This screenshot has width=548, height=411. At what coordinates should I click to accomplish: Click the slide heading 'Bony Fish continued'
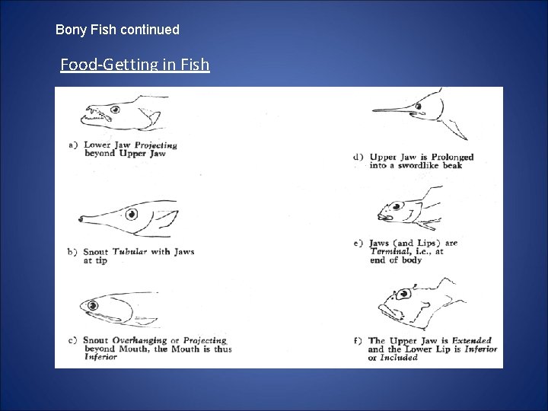117,30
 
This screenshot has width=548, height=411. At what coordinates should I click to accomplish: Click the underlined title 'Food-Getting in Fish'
135,64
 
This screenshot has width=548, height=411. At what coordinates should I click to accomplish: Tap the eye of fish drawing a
116,110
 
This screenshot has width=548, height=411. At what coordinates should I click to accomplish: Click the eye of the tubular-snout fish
132,214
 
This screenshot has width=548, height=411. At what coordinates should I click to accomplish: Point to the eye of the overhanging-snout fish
93,306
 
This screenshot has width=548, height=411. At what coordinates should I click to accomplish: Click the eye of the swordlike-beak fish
419,107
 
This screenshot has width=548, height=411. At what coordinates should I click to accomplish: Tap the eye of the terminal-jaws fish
397,206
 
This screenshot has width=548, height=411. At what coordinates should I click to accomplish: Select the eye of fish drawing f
404,294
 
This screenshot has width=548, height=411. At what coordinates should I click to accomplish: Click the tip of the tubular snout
80,219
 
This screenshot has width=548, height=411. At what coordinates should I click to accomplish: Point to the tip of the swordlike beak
372,110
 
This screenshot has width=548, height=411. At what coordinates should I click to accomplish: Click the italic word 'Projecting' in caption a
156,145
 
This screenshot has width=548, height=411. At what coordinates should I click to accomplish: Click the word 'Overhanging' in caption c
139,340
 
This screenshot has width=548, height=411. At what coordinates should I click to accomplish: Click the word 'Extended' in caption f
471,340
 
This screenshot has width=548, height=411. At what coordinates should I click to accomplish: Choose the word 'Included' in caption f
399,358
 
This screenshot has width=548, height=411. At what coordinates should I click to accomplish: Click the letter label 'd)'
358,158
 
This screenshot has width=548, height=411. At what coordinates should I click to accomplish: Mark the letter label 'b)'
72,252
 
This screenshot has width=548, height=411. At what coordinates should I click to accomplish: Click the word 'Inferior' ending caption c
100,357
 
